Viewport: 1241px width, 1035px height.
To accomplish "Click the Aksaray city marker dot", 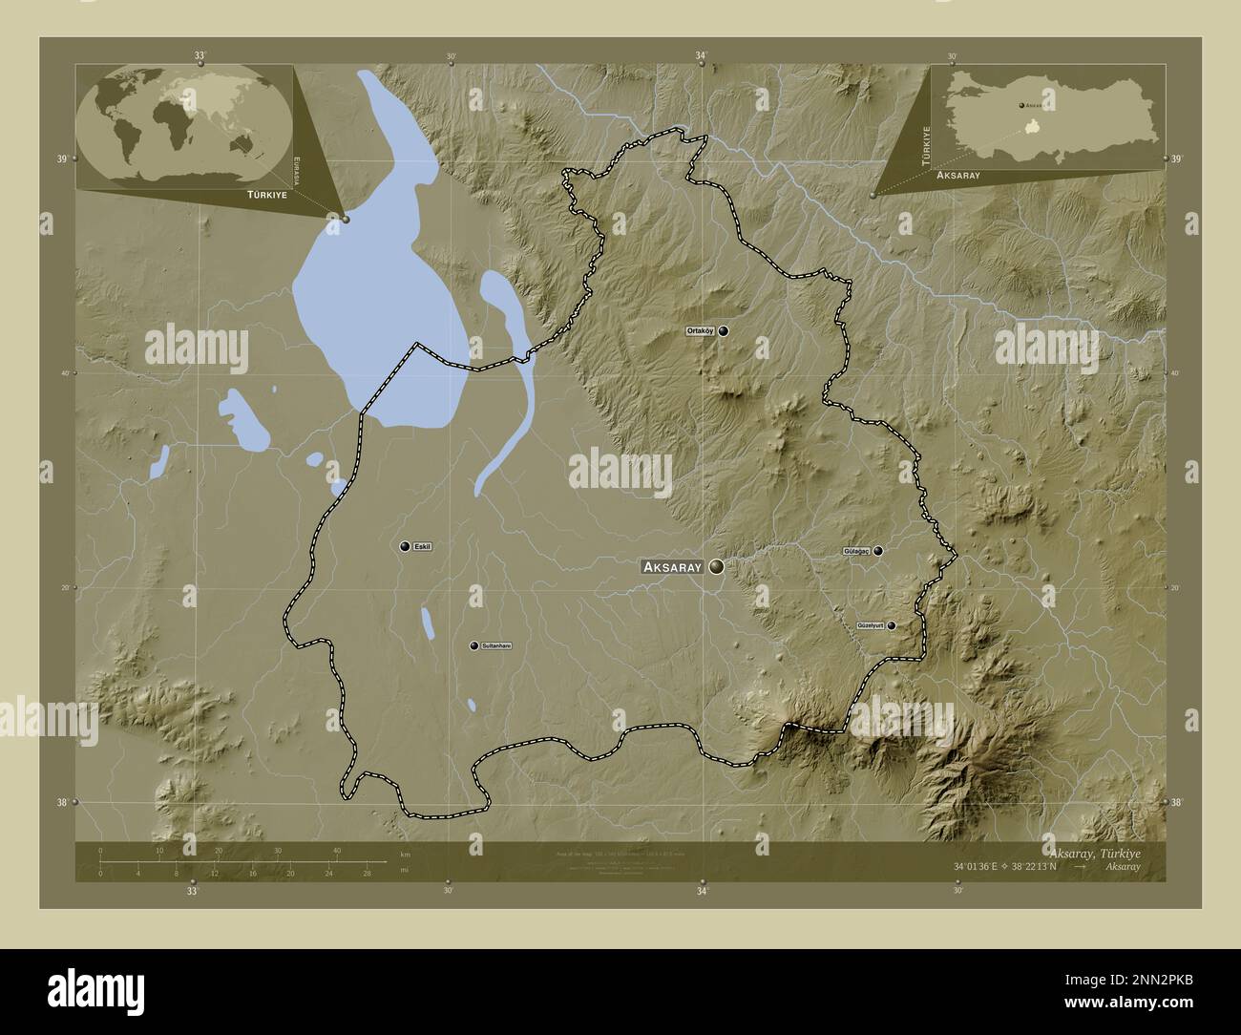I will click(x=716, y=566).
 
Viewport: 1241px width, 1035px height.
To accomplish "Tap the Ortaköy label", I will click(x=700, y=331).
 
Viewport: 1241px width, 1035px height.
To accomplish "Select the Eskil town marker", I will click(x=406, y=546).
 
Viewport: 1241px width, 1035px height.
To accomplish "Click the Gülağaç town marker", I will click(x=877, y=551).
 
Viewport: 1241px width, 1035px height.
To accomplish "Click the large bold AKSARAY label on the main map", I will click(x=673, y=567).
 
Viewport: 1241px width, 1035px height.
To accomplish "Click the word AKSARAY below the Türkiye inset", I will click(x=957, y=177).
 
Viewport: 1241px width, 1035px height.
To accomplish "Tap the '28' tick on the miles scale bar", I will click(x=367, y=873).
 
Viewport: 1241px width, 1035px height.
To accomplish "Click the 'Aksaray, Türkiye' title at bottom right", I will click(x=1093, y=852).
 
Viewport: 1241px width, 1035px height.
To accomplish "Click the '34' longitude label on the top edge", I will click(x=702, y=56).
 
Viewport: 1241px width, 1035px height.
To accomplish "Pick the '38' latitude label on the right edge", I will click(x=1176, y=803).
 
